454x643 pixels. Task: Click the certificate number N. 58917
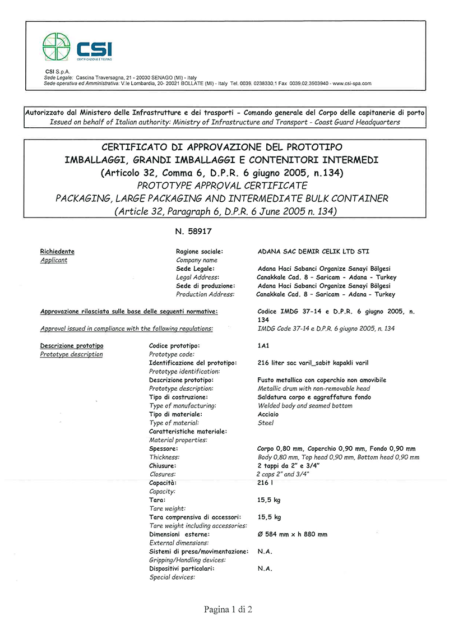pyautogui.click(x=194, y=231)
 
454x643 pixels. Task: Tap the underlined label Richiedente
pyautogui.click(x=57, y=252)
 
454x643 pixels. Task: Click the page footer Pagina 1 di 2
pyautogui.click(x=228, y=609)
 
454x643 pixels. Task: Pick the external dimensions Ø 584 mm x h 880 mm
pyautogui.click(x=292, y=534)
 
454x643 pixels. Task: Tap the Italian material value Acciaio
pyautogui.click(x=268, y=414)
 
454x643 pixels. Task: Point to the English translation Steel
pyautogui.click(x=265, y=423)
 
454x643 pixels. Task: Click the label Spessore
pyautogui.click(x=164, y=448)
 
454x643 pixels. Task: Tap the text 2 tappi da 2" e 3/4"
pyautogui.click(x=288, y=466)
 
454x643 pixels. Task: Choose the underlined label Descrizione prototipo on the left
pyautogui.click(x=72, y=346)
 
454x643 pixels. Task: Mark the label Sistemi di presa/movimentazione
pyautogui.click(x=198, y=552)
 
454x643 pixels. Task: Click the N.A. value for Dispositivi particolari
pyautogui.click(x=265, y=568)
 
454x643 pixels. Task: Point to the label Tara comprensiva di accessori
pyautogui.click(x=195, y=517)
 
